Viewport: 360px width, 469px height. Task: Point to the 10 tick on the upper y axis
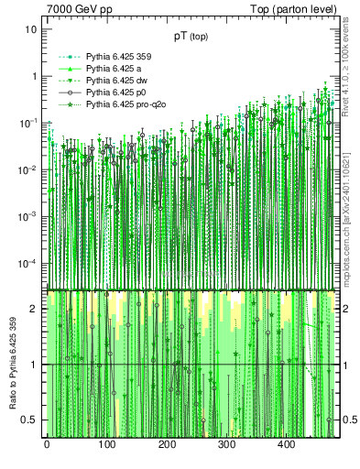click(31, 29)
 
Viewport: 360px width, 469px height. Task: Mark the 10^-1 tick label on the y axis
click(29, 123)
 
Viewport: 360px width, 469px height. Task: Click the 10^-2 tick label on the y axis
click(29, 169)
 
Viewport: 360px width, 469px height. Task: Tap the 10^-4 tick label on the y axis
click(29, 264)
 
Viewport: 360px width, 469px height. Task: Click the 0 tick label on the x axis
click(47, 444)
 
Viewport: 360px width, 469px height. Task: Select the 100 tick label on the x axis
click(106, 444)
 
